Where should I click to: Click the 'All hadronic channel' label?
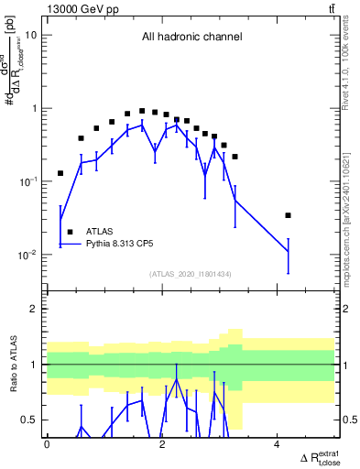[191, 38]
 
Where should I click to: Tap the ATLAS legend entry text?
[101, 232]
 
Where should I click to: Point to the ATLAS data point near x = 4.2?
[289, 215]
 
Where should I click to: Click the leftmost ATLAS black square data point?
[60, 173]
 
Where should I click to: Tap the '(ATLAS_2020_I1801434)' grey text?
[191, 274]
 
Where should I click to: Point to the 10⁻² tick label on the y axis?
[27, 255]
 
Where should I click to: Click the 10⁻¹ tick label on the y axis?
[27, 181]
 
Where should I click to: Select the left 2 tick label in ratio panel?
[35, 310]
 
